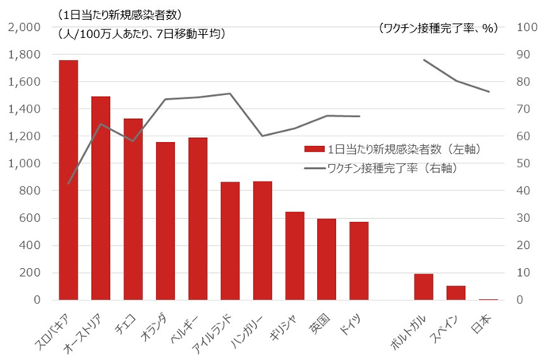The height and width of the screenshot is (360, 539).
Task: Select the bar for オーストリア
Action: coord(101,198)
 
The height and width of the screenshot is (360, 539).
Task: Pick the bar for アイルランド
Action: coord(230,241)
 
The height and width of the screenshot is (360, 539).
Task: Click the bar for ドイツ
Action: coord(359,261)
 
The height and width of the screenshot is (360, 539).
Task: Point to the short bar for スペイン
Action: coord(456,293)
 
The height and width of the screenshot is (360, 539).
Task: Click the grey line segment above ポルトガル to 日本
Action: coord(457,80)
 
